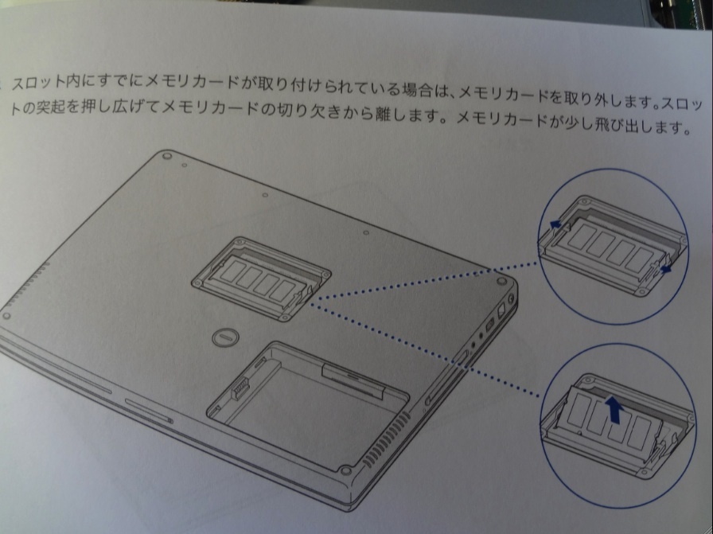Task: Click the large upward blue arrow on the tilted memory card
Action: coord(614,409)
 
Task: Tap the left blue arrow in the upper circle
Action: coord(555,224)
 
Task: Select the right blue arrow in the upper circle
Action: coord(666,269)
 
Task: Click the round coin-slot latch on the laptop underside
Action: coord(225,337)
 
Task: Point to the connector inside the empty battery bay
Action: coord(240,388)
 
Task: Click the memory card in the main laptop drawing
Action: coord(259,279)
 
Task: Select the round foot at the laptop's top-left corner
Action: coord(167,155)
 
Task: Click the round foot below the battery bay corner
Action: coord(345,470)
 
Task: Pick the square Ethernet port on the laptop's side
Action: coord(501,311)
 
